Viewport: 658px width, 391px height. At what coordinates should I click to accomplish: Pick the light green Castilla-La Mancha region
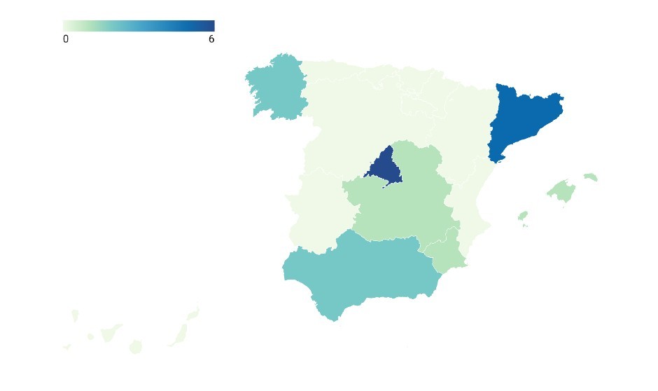(x=399, y=203)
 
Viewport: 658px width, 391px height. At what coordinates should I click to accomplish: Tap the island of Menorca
(x=591, y=177)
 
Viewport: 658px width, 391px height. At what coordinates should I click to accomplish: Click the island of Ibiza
(x=522, y=216)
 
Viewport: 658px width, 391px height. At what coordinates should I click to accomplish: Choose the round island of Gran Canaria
(x=136, y=347)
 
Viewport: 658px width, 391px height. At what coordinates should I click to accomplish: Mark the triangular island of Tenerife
(x=109, y=332)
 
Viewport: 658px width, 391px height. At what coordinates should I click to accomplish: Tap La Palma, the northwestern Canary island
(x=75, y=316)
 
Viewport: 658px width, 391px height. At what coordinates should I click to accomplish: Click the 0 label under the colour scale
(x=66, y=40)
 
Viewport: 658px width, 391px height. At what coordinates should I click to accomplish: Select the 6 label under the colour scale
(x=211, y=40)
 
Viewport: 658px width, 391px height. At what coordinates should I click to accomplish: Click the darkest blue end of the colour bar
(x=211, y=25)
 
